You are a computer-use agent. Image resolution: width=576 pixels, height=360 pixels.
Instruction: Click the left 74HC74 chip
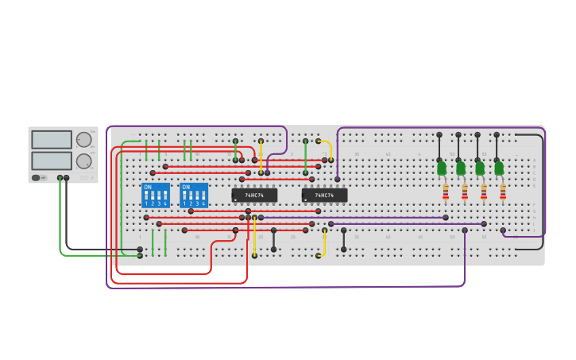click(254, 195)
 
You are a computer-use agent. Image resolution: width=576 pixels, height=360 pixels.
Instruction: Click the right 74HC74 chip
click(324, 195)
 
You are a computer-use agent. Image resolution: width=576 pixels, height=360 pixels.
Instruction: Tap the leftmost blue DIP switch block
click(156, 195)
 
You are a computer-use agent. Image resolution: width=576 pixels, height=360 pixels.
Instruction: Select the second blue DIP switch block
click(194, 195)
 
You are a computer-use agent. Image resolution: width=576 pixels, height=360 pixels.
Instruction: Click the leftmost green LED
click(442, 168)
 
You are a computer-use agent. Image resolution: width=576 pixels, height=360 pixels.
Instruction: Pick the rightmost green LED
click(499, 168)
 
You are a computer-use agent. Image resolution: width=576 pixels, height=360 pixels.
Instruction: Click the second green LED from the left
click(461, 168)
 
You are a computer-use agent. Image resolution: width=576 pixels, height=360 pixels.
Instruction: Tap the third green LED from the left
click(480, 168)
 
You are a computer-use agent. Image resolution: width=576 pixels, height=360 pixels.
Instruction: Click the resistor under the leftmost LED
click(445, 192)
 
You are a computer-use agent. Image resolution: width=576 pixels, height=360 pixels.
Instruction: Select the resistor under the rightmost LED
click(502, 192)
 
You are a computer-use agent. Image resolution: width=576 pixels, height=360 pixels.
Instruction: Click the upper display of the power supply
click(52, 140)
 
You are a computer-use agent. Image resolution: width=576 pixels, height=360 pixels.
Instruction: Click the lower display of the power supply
click(52, 161)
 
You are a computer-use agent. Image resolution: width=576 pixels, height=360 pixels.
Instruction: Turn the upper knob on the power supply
click(83, 140)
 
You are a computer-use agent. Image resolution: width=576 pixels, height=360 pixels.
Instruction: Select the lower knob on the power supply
click(83, 161)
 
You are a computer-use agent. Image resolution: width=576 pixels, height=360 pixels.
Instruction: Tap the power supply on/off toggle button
click(36, 178)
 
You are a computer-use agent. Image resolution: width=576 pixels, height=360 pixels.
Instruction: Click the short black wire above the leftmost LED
click(439, 147)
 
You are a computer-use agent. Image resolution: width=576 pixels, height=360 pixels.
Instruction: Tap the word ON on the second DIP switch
click(186, 188)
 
